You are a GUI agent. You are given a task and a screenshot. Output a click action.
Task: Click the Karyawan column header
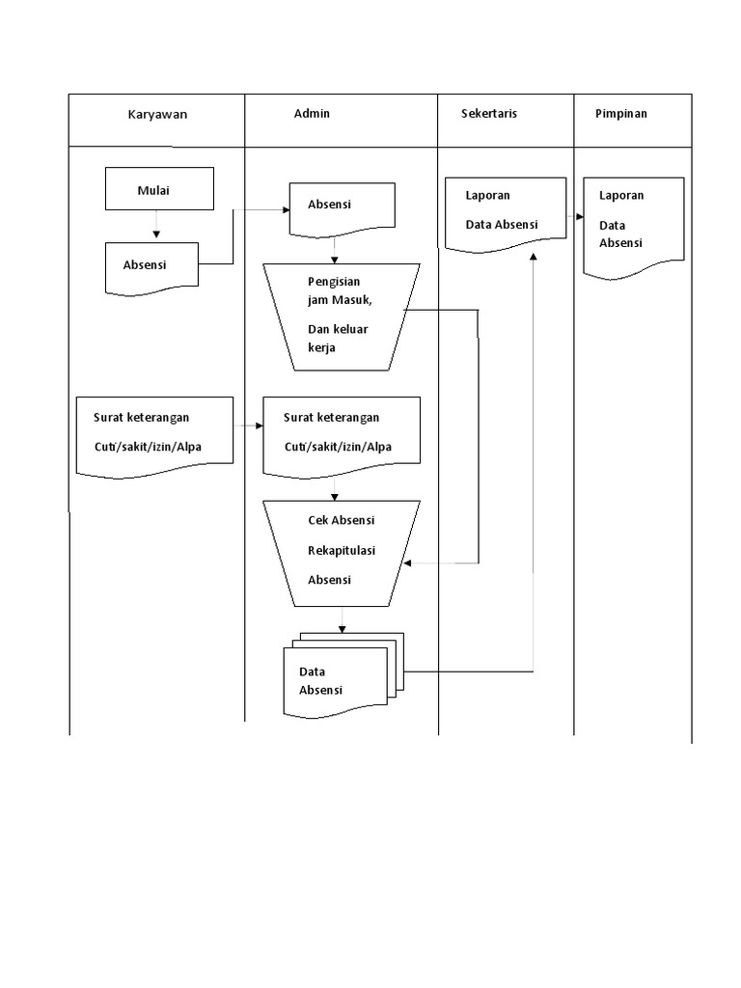pyautogui.click(x=157, y=114)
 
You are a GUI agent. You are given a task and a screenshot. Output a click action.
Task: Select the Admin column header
pyautogui.click(x=312, y=114)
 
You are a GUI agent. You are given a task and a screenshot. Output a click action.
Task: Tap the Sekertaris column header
pyautogui.click(x=490, y=114)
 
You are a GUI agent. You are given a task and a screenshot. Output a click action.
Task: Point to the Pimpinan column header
pyautogui.click(x=621, y=114)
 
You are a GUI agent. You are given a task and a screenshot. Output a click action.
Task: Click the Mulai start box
pyautogui.click(x=158, y=189)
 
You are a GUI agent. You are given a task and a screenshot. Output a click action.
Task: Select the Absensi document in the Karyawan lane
pyautogui.click(x=151, y=265)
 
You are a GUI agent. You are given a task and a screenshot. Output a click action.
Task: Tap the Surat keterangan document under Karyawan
pyautogui.click(x=154, y=433)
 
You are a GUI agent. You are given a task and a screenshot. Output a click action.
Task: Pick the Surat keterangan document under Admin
pyautogui.click(x=342, y=433)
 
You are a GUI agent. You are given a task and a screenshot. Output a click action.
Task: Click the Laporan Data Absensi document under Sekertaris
pyautogui.click(x=505, y=213)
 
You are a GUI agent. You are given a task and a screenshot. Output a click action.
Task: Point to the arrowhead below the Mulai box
pyautogui.click(x=156, y=233)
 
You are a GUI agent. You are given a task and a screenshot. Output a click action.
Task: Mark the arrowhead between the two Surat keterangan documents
pyautogui.click(x=259, y=425)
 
